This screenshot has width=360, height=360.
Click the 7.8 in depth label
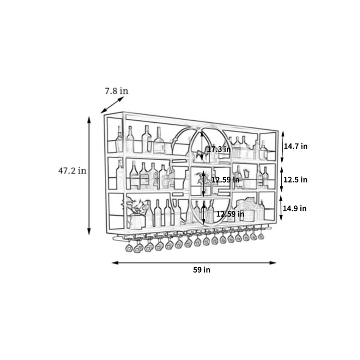click(117, 91)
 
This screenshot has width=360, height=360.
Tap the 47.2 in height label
click(72, 171)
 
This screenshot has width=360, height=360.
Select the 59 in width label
click(202, 270)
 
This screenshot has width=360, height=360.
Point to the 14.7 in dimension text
click(296, 146)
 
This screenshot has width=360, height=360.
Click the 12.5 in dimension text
click(295, 180)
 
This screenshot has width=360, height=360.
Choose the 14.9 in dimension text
click(295, 208)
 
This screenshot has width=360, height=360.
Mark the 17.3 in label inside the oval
click(219, 149)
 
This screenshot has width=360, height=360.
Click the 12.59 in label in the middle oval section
click(225, 180)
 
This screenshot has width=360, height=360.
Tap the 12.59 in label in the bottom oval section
click(230, 214)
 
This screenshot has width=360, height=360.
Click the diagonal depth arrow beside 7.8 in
click(112, 105)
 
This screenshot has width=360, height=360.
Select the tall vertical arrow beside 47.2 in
click(89, 175)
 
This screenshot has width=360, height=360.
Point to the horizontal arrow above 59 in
click(194, 263)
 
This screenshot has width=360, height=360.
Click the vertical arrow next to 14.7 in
click(283, 147)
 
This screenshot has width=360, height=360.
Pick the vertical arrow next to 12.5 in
click(282, 179)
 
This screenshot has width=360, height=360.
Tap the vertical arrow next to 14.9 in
click(281, 208)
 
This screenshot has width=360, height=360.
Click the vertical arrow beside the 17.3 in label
click(202, 145)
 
